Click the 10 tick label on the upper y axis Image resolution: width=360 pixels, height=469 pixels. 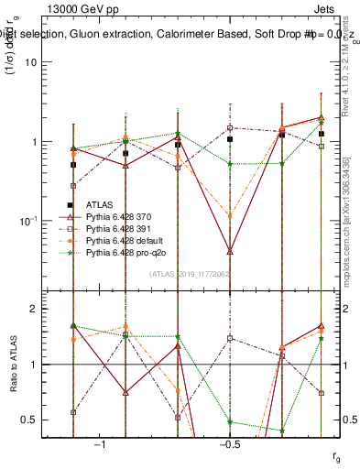pyautogui.click(x=30, y=62)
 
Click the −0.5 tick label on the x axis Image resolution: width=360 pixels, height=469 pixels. pyautogui.click(x=229, y=444)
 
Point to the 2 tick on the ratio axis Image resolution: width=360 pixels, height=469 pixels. pyautogui.click(x=32, y=310)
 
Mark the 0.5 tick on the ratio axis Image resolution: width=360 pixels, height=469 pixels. pyautogui.click(x=28, y=420)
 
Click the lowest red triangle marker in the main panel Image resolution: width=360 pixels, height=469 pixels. pyautogui.click(x=230, y=250)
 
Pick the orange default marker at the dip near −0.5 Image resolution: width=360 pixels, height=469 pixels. pyautogui.click(x=230, y=216)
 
